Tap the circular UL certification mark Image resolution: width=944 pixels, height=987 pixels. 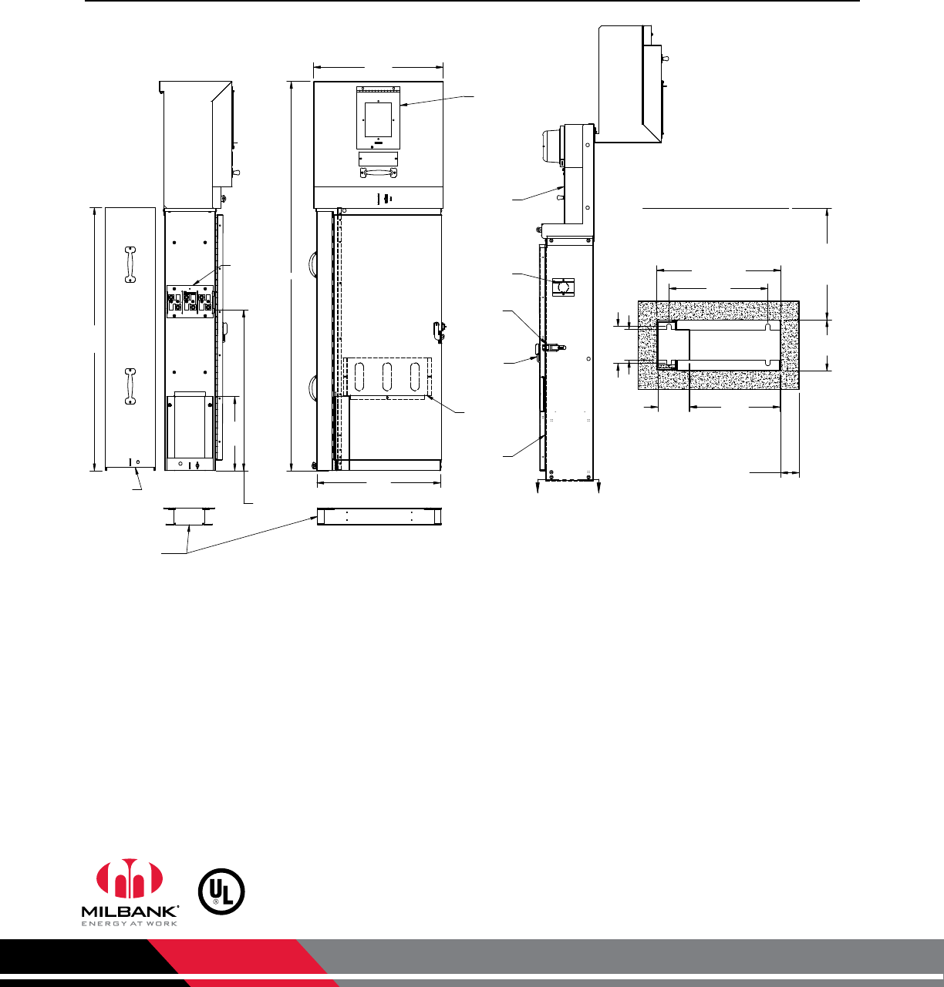tap(221, 891)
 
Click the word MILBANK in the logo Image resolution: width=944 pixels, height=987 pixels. tap(130, 911)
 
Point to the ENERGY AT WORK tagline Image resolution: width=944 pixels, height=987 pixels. tap(130, 924)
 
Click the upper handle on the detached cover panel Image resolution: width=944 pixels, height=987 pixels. tap(130, 264)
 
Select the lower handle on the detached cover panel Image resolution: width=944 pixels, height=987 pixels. tap(130, 387)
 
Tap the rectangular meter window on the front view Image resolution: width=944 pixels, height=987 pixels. tap(379, 119)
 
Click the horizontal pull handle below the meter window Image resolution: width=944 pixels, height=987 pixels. tap(379, 173)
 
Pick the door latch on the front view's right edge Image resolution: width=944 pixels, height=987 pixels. tap(439, 332)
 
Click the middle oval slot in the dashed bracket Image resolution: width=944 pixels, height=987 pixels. tap(387, 377)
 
